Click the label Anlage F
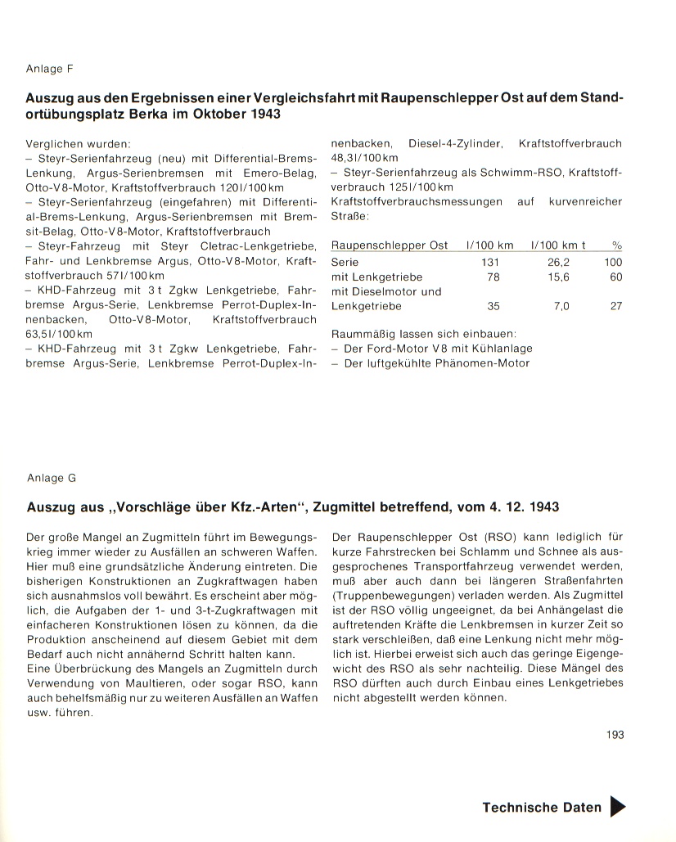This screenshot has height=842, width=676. coord(50,69)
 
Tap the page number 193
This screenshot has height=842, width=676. coord(615,735)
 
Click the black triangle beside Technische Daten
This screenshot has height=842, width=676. coord(618,807)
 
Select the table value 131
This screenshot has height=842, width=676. coord(489,262)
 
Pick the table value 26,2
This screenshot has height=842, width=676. coord(560,262)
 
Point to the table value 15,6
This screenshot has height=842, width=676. coord(560,277)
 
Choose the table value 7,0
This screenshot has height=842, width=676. coord(561,306)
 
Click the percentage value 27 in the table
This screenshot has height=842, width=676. coord(615,306)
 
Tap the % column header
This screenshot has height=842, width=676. coord(616,245)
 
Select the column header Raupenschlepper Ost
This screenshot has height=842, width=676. coord(390,245)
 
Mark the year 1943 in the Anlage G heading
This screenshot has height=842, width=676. coord(544,507)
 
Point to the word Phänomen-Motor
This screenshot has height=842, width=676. coord(480,363)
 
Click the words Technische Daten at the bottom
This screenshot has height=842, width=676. coord(542,807)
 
